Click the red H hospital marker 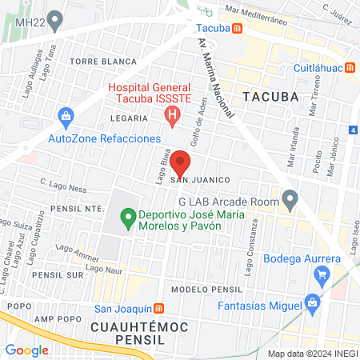[171, 116]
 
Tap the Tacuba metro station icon [237, 30]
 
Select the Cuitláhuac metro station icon [350, 69]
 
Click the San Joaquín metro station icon [159, 309]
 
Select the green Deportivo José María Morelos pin [126, 216]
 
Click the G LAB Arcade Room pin [290, 198]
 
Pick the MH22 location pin [54, 18]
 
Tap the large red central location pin [181, 165]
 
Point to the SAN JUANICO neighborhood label [200, 180]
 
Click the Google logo [26, 350]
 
